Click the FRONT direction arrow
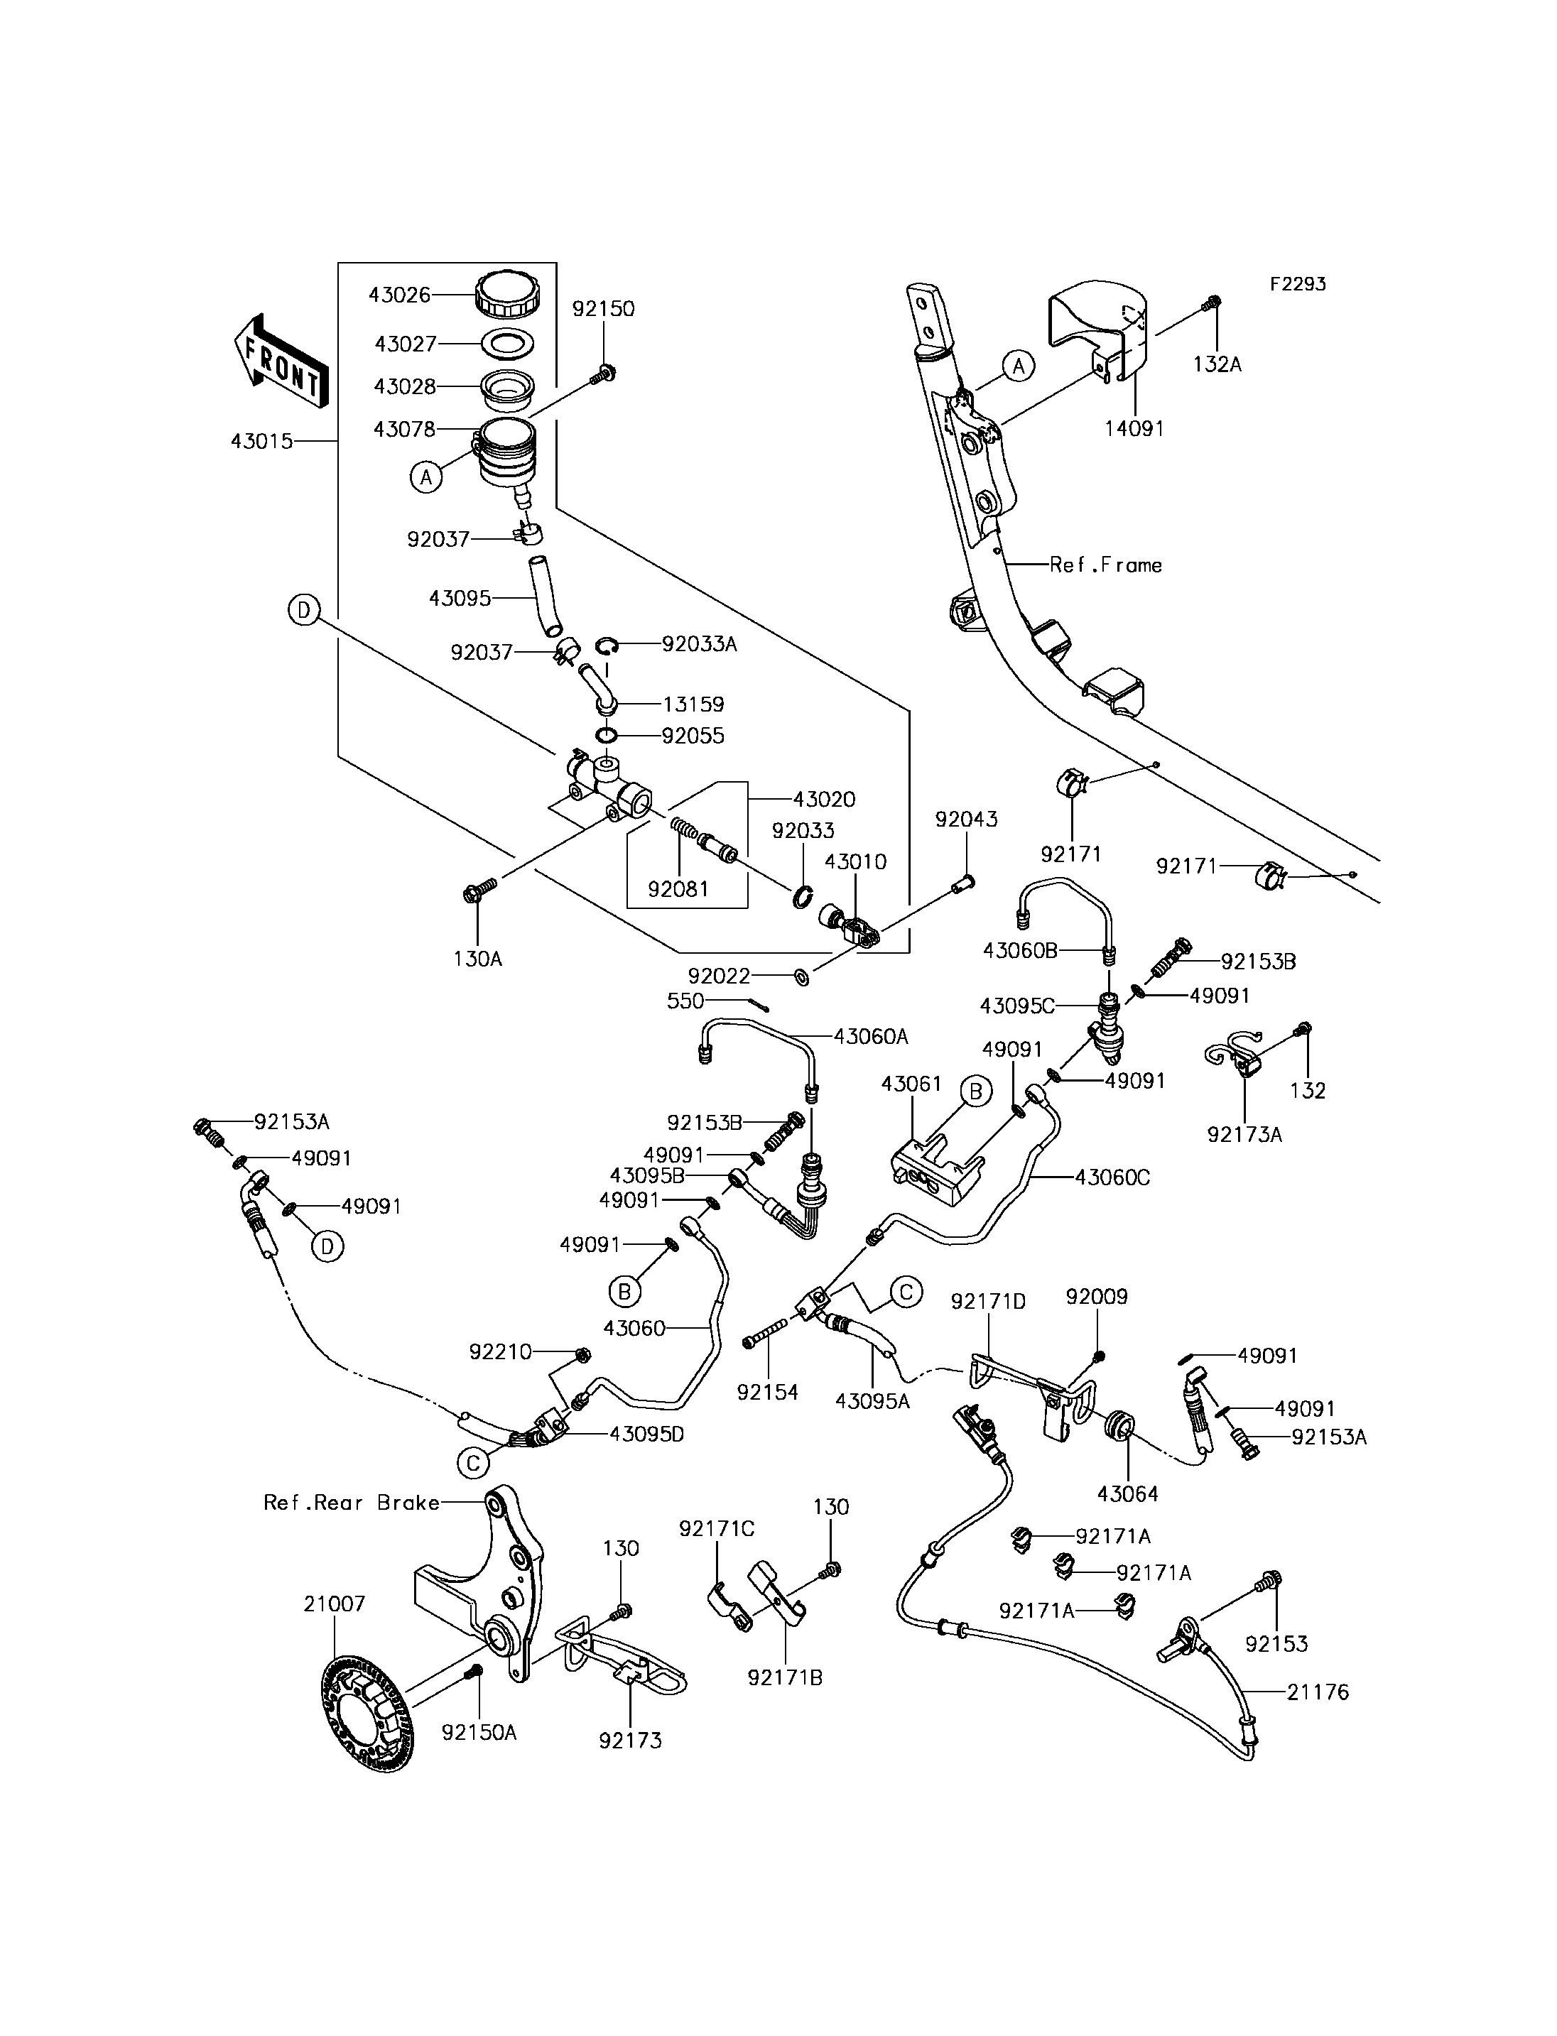[281, 361]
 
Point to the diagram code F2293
[1298, 283]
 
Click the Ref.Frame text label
[1106, 565]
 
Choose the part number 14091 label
[1134, 428]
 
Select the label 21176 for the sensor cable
[1318, 1692]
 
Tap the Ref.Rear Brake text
[352, 1502]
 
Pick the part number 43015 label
[261, 441]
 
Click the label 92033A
[700, 644]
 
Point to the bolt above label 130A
[479, 891]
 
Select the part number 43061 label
[911, 1083]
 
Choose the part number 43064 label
[1128, 1494]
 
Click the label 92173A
[1244, 1134]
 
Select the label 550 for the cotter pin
[686, 1001]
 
